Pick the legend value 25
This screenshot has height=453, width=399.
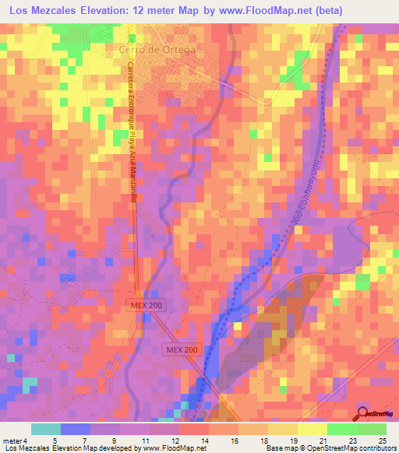click(383, 441)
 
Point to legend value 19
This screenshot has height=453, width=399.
click(294, 441)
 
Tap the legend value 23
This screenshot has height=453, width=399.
click(352, 441)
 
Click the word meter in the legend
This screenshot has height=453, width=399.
click(12, 441)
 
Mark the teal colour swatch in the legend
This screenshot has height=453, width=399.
click(45, 429)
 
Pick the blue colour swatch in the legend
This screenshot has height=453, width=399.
click(75, 429)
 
